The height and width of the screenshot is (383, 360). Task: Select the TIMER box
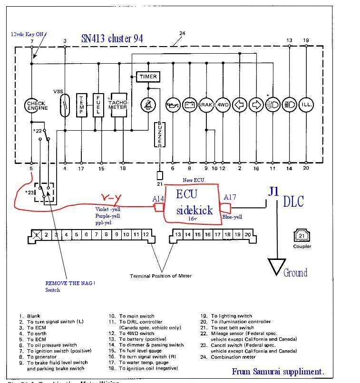coord(148,77)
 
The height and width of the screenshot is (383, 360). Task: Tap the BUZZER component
coord(160,134)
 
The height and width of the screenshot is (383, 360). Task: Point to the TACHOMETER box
coord(119,105)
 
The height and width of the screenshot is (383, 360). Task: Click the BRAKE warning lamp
coord(206,105)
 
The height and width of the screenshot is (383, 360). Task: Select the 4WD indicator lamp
coord(223,105)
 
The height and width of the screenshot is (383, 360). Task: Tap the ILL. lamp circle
coord(305,105)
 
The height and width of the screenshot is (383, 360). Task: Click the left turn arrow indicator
coord(239,105)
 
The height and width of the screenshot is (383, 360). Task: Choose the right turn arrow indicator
coord(256,105)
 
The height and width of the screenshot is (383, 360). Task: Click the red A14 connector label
coord(158,199)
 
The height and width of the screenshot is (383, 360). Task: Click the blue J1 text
coord(273,192)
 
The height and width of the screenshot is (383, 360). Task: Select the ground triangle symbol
coord(276,266)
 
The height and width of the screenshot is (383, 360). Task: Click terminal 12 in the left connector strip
coord(146,234)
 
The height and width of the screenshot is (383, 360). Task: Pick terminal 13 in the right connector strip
coord(177,234)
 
